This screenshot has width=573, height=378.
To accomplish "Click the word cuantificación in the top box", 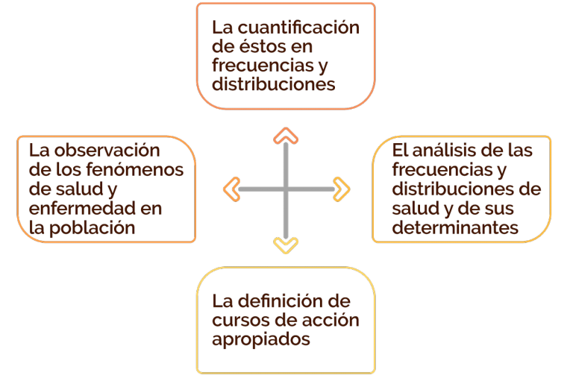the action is point(298,28).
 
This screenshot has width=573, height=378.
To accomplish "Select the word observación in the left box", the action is point(107,151).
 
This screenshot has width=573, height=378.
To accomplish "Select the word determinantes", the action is point(455,227).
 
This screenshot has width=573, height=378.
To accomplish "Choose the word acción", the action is point(333,321).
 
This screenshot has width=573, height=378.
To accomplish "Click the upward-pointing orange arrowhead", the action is point(286,135).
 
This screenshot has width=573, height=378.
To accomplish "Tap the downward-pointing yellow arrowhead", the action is point(286,245).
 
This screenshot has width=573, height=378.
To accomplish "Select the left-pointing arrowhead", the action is point(231,189).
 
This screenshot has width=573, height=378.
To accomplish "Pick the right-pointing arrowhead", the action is point(341,189).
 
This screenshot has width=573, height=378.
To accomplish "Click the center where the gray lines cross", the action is point(286,189).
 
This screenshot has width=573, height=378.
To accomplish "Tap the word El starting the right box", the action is point(400,151).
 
